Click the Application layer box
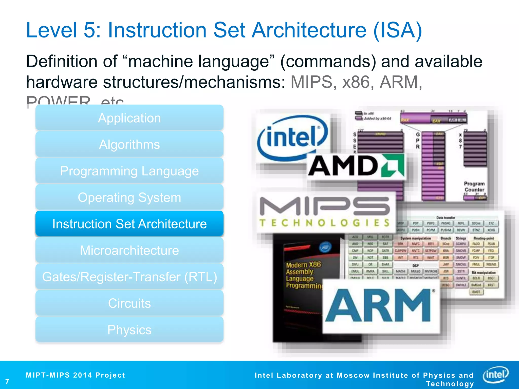pos(129,118)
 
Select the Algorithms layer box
pos(129,144)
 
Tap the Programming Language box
pos(129,171)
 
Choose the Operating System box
pos(129,197)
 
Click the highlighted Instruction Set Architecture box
pos(129,224)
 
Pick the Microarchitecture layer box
pos(129,250)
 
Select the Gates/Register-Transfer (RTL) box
pos(129,277)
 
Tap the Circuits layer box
pos(129,303)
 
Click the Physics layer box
pos(129,330)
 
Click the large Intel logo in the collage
pos(291,138)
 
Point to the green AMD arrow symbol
pos(393,166)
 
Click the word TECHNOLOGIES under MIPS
pos(324,223)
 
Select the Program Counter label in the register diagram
pos(474,187)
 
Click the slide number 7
pos(7,381)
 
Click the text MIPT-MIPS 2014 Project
pos(76,375)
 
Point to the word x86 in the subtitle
pos(356,82)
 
